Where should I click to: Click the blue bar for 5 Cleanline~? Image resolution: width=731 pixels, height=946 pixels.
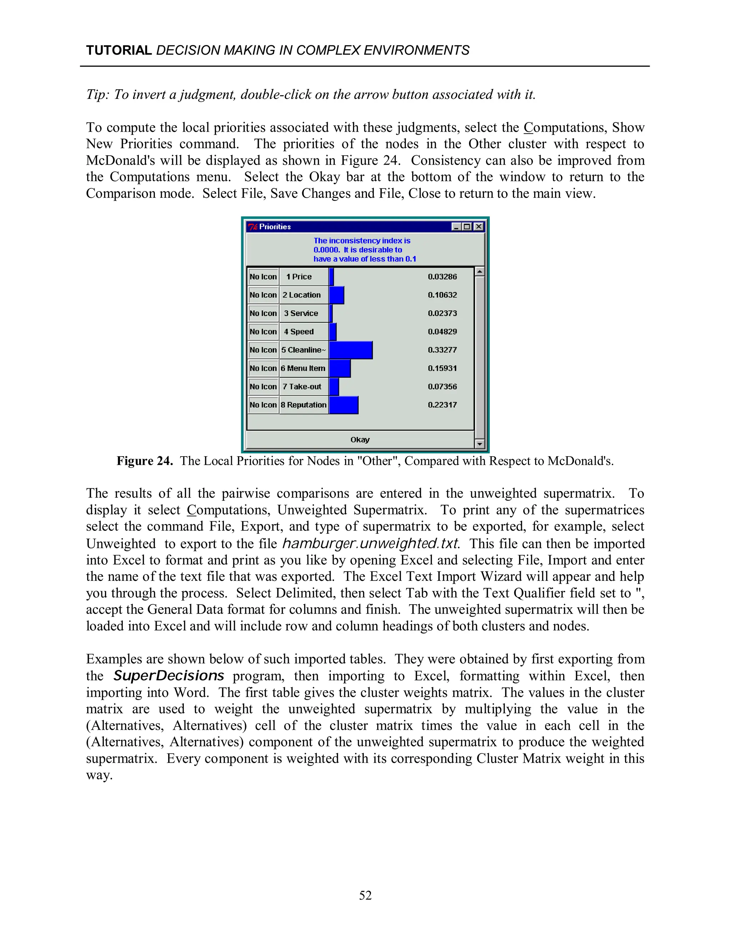coord(351,350)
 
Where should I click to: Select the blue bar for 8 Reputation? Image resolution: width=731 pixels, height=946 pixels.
coord(343,405)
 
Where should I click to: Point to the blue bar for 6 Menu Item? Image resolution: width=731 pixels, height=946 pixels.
coord(339,368)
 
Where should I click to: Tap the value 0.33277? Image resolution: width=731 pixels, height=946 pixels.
coord(442,350)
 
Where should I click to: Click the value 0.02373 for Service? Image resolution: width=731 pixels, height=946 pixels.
coord(442,313)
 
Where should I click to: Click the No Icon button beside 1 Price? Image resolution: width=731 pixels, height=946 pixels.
coord(263,277)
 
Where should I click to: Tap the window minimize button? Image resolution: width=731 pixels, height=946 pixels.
coord(456,227)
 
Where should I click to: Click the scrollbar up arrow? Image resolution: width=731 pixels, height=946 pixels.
coord(479,272)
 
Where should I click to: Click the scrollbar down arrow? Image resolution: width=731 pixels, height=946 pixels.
coord(479,443)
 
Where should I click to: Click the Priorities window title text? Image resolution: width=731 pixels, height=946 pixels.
coord(275,227)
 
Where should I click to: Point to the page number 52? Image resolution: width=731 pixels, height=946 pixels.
coord(365,895)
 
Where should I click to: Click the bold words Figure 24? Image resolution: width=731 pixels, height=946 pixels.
coord(145,461)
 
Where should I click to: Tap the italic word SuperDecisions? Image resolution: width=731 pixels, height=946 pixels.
coord(169,676)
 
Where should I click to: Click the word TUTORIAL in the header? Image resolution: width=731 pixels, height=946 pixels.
coord(119,50)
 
